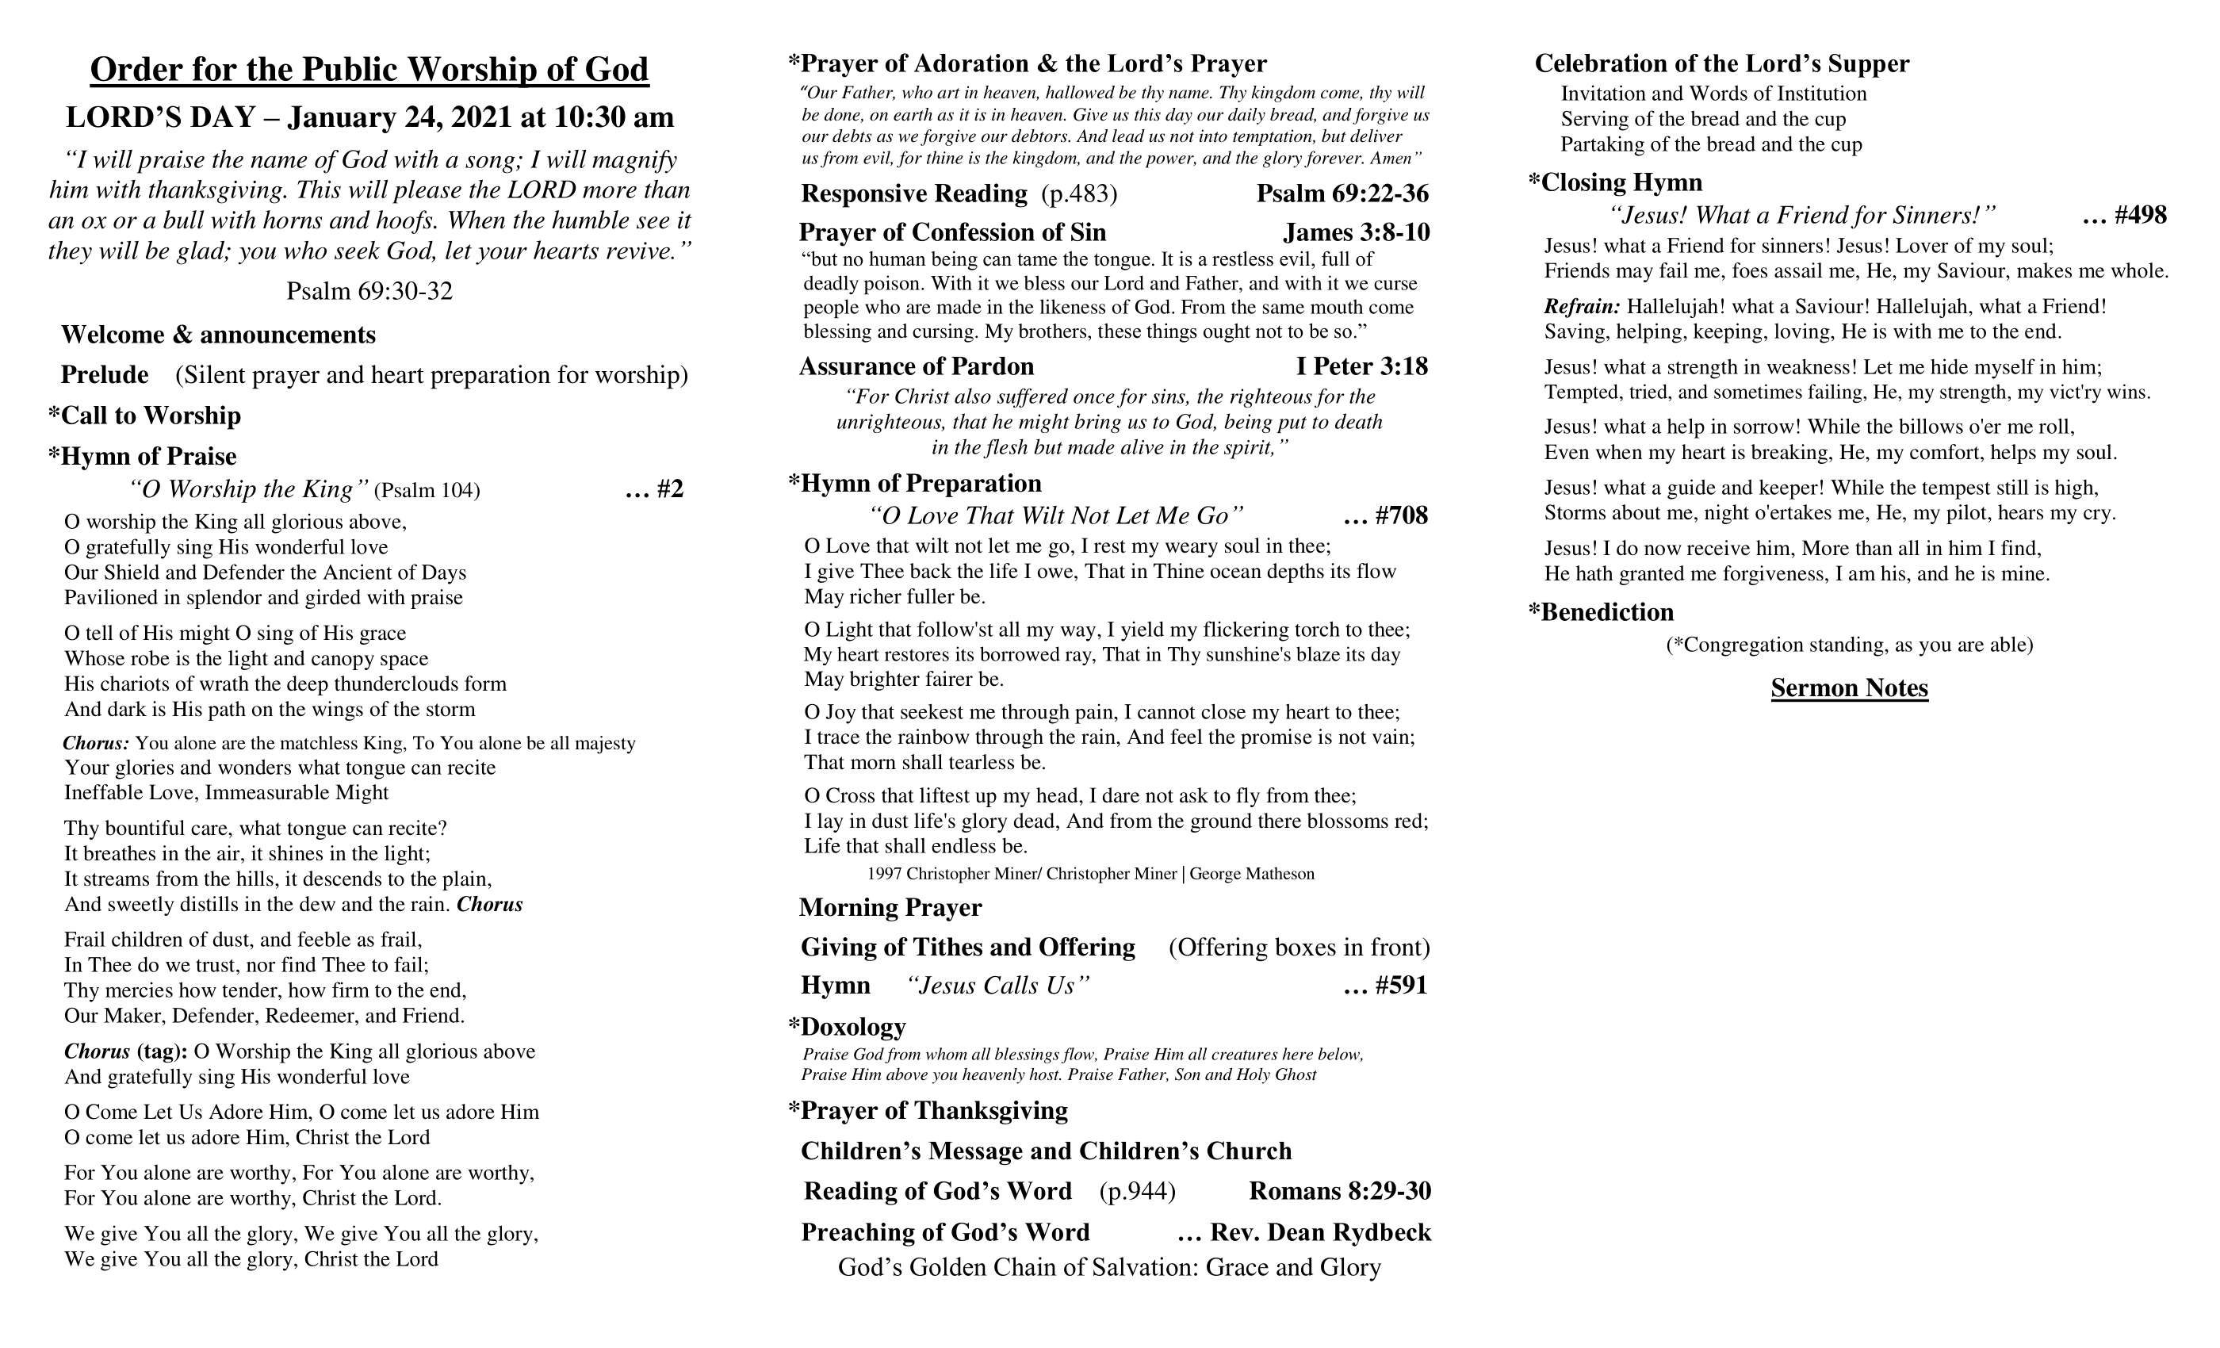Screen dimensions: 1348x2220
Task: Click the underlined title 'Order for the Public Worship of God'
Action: tap(369, 71)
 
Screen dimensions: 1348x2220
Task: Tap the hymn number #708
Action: tap(1401, 515)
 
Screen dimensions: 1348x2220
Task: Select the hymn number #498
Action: tap(2140, 216)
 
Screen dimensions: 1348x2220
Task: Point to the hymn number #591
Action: tap(1401, 986)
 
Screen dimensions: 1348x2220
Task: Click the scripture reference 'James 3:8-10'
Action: tap(1356, 232)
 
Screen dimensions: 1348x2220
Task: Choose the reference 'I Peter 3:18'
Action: tap(1361, 366)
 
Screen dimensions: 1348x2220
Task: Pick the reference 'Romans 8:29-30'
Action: tap(1340, 1191)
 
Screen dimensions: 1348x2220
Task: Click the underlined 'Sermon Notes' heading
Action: tap(1849, 688)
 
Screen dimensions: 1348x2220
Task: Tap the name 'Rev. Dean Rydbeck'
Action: tap(1320, 1233)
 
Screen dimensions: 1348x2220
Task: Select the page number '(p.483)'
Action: tap(1079, 193)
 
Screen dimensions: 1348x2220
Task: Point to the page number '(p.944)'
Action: tap(1137, 1191)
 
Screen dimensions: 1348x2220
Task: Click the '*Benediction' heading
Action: tap(1601, 613)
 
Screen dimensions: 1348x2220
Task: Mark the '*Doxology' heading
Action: tap(847, 1027)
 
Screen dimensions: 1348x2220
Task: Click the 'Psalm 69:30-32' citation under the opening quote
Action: tap(369, 291)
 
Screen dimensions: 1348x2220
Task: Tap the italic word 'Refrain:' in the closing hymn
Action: tap(1581, 306)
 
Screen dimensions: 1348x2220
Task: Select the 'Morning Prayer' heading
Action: tap(890, 907)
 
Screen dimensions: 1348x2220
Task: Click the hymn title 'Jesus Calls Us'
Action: tap(998, 986)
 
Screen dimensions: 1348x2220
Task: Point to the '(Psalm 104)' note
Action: tap(427, 490)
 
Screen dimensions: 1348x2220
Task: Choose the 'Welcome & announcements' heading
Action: tap(218, 335)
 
